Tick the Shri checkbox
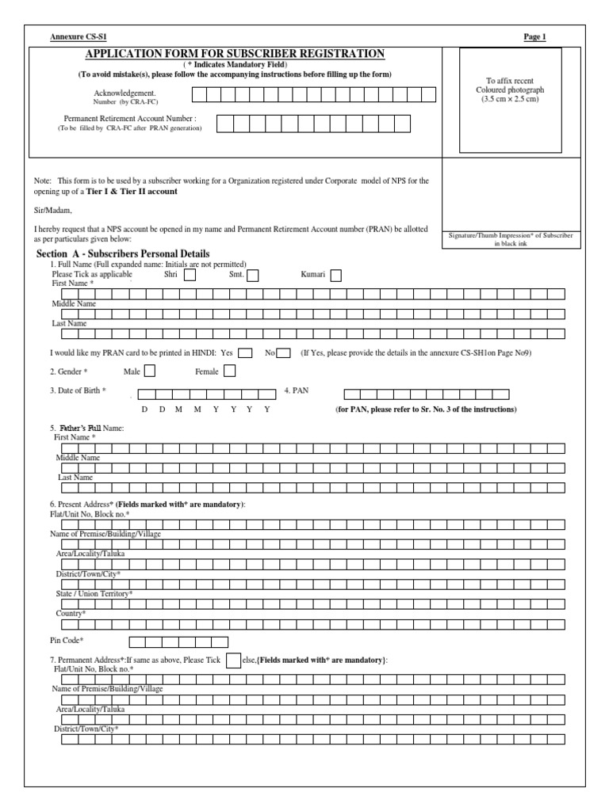[190, 276]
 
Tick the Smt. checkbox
[253, 276]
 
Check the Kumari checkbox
[336, 276]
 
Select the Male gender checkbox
[149, 370]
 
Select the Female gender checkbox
[230, 370]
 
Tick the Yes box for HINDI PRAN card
[246, 352]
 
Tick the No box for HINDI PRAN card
[284, 352]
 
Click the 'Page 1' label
[535, 37]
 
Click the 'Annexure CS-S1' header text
[77, 37]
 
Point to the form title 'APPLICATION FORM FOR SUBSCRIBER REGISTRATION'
[235, 53]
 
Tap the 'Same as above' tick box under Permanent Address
[233, 661]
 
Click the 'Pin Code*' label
[67, 641]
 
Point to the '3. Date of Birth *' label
[78, 390]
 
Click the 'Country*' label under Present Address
[70, 613]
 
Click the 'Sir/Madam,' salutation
[52, 211]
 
